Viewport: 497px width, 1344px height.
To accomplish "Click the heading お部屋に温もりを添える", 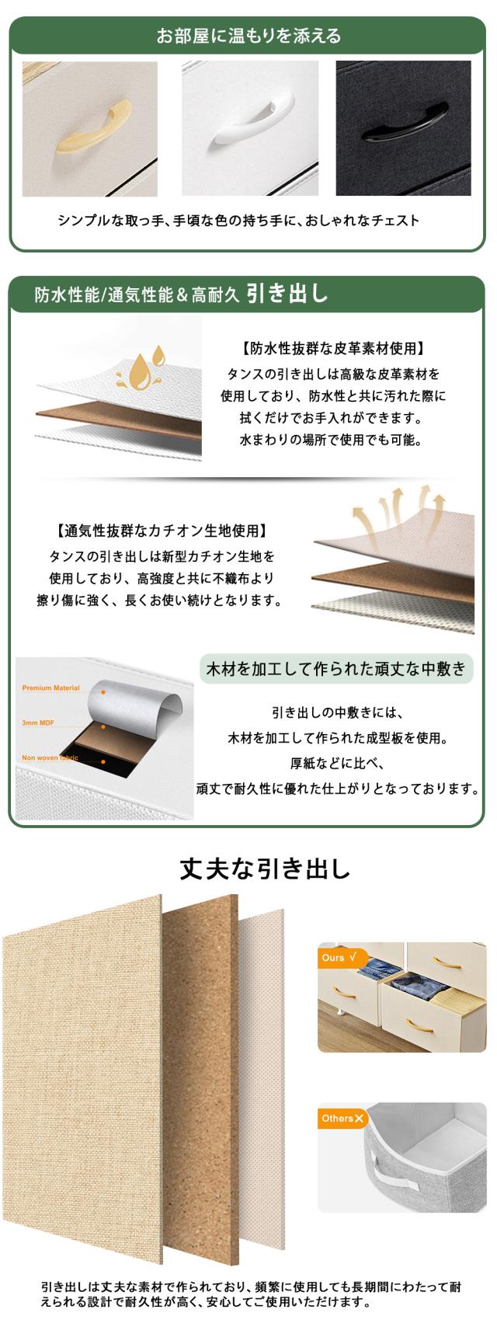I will click(248, 36).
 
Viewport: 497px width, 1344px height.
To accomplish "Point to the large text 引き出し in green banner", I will click(288, 294).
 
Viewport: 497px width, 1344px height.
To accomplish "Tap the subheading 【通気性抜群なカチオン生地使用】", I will click(162, 532).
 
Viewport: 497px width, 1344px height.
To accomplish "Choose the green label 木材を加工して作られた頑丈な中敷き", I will click(335, 668).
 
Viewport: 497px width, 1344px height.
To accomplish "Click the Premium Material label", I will click(50, 688).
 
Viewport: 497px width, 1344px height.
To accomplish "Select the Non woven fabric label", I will click(50, 758).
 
